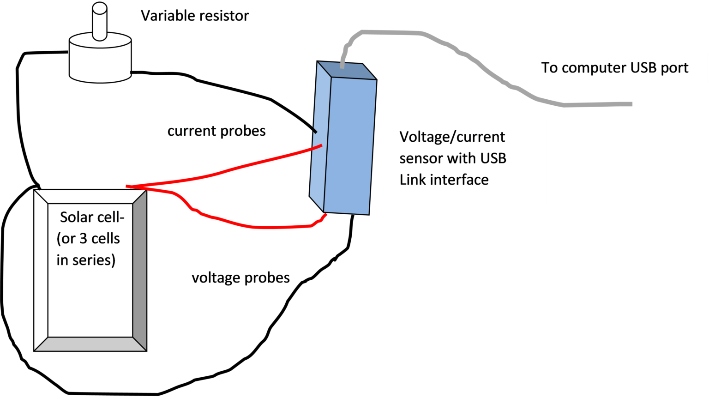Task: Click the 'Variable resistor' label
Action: tap(195, 16)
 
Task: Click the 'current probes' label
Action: tap(216, 131)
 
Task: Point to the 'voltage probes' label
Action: tap(240, 277)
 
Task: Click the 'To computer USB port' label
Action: tap(614, 68)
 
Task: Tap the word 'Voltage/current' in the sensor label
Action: tap(452, 137)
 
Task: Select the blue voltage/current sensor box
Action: tap(348, 143)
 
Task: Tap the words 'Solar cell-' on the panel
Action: tap(92, 217)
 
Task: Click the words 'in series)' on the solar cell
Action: tap(86, 260)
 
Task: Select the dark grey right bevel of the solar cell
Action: tap(139, 270)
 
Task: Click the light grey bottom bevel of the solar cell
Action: tap(90, 344)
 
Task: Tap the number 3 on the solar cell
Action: tap(83, 239)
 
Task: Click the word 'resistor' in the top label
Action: tap(224, 16)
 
